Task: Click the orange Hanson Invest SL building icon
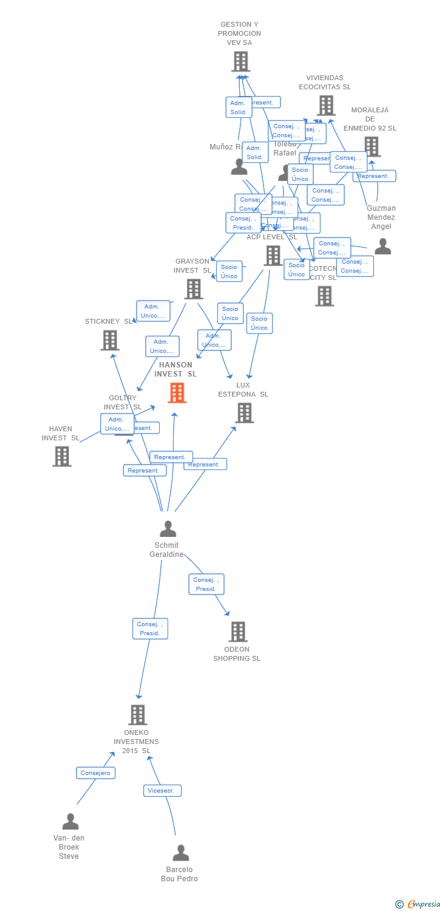(x=177, y=393)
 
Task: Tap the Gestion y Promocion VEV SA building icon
(x=240, y=61)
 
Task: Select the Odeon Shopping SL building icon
(x=238, y=632)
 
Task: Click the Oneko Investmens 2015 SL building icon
(x=138, y=715)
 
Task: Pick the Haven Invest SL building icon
(x=62, y=456)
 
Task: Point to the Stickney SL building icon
(x=110, y=340)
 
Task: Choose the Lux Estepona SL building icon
(x=244, y=413)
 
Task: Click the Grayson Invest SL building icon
(x=194, y=289)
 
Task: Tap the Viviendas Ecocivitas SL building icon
(x=326, y=105)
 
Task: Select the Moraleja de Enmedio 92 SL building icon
(x=372, y=146)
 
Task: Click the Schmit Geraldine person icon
(x=168, y=528)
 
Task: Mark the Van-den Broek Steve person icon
(x=70, y=822)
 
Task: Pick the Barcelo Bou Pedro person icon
(x=181, y=853)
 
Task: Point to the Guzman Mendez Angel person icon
(x=382, y=246)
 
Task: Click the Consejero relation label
(x=96, y=773)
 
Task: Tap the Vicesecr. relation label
(x=162, y=790)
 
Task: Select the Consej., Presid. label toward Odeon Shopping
(x=206, y=584)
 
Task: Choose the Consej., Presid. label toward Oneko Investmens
(x=150, y=629)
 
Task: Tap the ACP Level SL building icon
(x=273, y=256)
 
